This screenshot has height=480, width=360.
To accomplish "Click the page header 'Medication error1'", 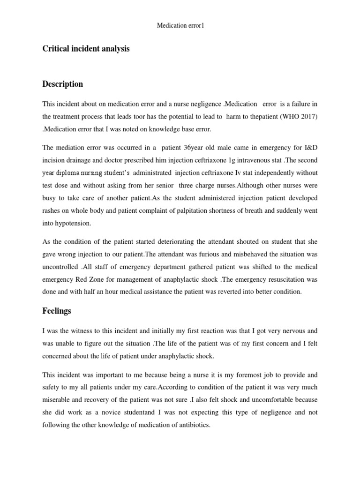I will click(180, 26).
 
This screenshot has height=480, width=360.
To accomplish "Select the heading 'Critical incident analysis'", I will click(86, 49).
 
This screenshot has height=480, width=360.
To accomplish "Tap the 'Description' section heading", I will click(62, 84).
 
